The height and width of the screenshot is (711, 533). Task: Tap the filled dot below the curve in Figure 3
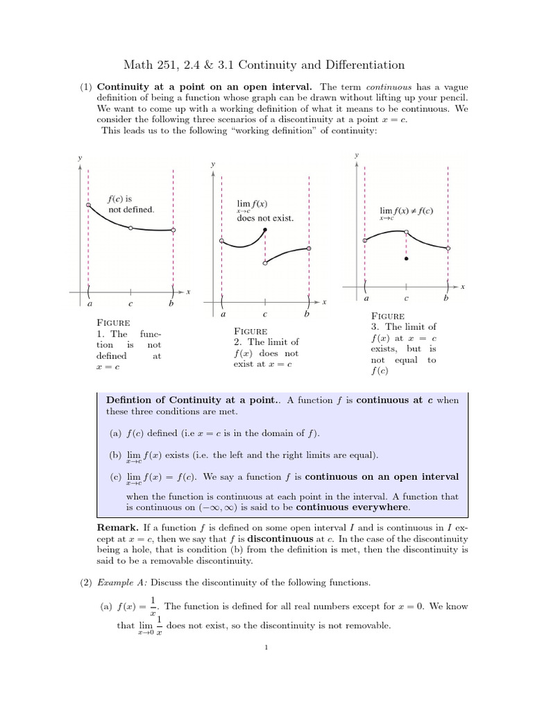[406, 258]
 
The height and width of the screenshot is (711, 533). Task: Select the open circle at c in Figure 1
[130, 227]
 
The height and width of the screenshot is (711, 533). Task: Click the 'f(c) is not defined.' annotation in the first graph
[130, 203]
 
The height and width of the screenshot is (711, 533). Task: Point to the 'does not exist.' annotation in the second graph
[265, 218]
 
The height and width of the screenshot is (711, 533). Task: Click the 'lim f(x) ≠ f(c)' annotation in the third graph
[406, 211]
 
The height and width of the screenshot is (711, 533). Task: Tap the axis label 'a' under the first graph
[89, 303]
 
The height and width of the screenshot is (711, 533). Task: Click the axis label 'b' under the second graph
[307, 314]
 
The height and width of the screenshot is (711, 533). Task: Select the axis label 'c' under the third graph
[406, 299]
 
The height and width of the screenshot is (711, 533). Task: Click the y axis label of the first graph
[79, 158]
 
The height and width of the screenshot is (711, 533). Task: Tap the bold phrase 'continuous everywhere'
[353, 507]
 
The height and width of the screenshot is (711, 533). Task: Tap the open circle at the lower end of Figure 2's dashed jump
[264, 263]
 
